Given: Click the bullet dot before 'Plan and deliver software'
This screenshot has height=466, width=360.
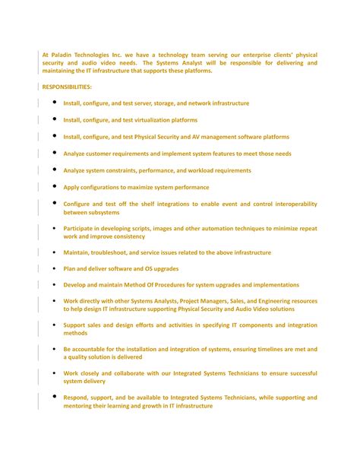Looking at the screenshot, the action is pos(55,268).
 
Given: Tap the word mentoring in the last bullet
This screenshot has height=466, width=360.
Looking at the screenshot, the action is pos(83,406).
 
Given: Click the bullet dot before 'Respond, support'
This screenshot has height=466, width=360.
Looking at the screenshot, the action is pos(55,397).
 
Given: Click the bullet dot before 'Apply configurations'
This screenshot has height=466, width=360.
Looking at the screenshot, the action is pos(55,186).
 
